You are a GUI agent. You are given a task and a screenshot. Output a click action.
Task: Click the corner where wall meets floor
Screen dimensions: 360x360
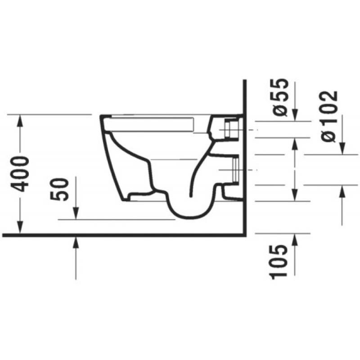(243, 234)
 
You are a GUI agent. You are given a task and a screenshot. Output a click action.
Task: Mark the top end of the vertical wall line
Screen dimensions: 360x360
(243, 81)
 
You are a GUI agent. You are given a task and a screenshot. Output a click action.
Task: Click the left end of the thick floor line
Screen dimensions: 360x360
(4, 234)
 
